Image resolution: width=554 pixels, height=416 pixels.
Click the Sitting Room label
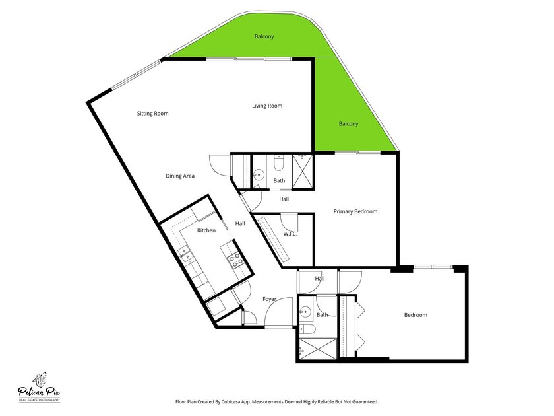coord(152,113)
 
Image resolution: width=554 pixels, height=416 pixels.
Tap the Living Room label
coord(267,106)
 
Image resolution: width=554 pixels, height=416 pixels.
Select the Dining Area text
coord(180,176)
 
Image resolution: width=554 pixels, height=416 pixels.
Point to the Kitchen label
coord(206,230)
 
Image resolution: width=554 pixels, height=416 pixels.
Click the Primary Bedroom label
coord(355,211)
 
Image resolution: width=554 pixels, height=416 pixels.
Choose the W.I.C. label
coord(290,234)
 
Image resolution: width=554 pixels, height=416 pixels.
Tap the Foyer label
coord(269,299)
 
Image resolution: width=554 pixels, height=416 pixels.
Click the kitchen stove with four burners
coord(235,260)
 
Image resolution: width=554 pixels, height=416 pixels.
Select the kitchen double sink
coord(185,254)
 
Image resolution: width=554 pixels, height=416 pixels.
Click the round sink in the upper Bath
coord(259,174)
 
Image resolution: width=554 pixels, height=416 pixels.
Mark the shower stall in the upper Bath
coord(303,170)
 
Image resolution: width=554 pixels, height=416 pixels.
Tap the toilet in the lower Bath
coord(307,329)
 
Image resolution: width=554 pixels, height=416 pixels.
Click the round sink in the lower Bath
coord(305,312)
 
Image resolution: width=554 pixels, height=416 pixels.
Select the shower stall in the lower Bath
coord(319,349)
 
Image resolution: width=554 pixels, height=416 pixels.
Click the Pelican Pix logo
coord(39,388)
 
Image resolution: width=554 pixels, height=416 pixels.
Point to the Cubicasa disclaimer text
coord(277,402)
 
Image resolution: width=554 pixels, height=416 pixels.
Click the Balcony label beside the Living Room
coord(348,124)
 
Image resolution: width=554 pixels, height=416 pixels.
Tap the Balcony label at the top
coord(264,36)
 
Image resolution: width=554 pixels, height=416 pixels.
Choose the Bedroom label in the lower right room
coord(415,315)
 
